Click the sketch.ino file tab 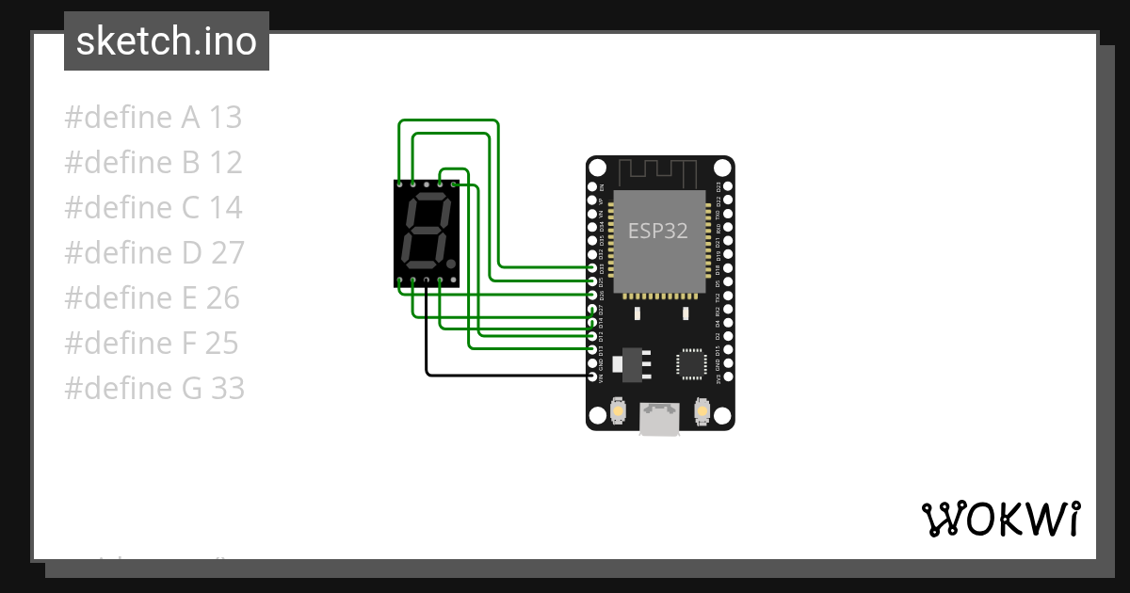point(167,41)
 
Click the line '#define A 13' point(153,118)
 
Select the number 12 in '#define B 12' point(226,163)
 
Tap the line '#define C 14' point(153,208)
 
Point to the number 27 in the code point(227,253)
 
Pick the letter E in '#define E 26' point(188,298)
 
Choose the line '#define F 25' point(152,344)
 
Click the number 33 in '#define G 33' point(227,389)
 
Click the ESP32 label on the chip point(658,231)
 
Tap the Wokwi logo point(1000,519)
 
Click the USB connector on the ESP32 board point(659,420)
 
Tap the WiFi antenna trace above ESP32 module point(659,172)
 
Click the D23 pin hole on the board point(726,186)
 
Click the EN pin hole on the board point(593,186)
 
